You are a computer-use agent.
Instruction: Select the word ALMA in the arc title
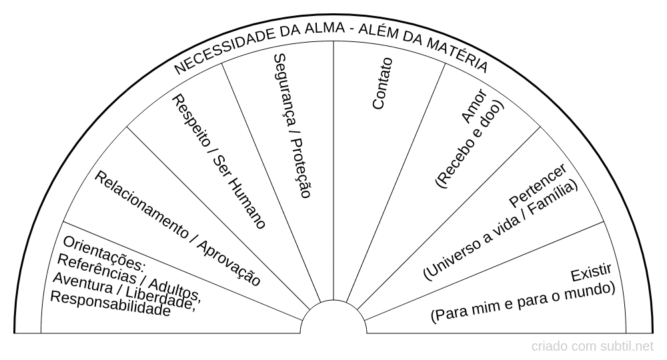click(x=324, y=29)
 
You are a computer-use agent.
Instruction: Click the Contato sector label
click(x=382, y=83)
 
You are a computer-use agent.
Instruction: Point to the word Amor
click(x=474, y=106)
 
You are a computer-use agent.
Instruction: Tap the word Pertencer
click(x=538, y=185)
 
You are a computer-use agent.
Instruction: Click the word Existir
click(x=591, y=273)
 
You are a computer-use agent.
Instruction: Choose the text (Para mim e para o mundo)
click(x=523, y=302)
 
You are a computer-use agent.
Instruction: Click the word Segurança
click(x=285, y=90)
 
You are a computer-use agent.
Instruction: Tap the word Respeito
click(x=190, y=121)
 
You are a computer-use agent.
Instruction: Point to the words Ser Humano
click(x=239, y=192)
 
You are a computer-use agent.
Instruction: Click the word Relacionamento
click(x=141, y=205)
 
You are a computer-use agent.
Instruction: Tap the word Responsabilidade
click(x=110, y=304)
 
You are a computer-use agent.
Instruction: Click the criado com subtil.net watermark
click(x=592, y=347)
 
